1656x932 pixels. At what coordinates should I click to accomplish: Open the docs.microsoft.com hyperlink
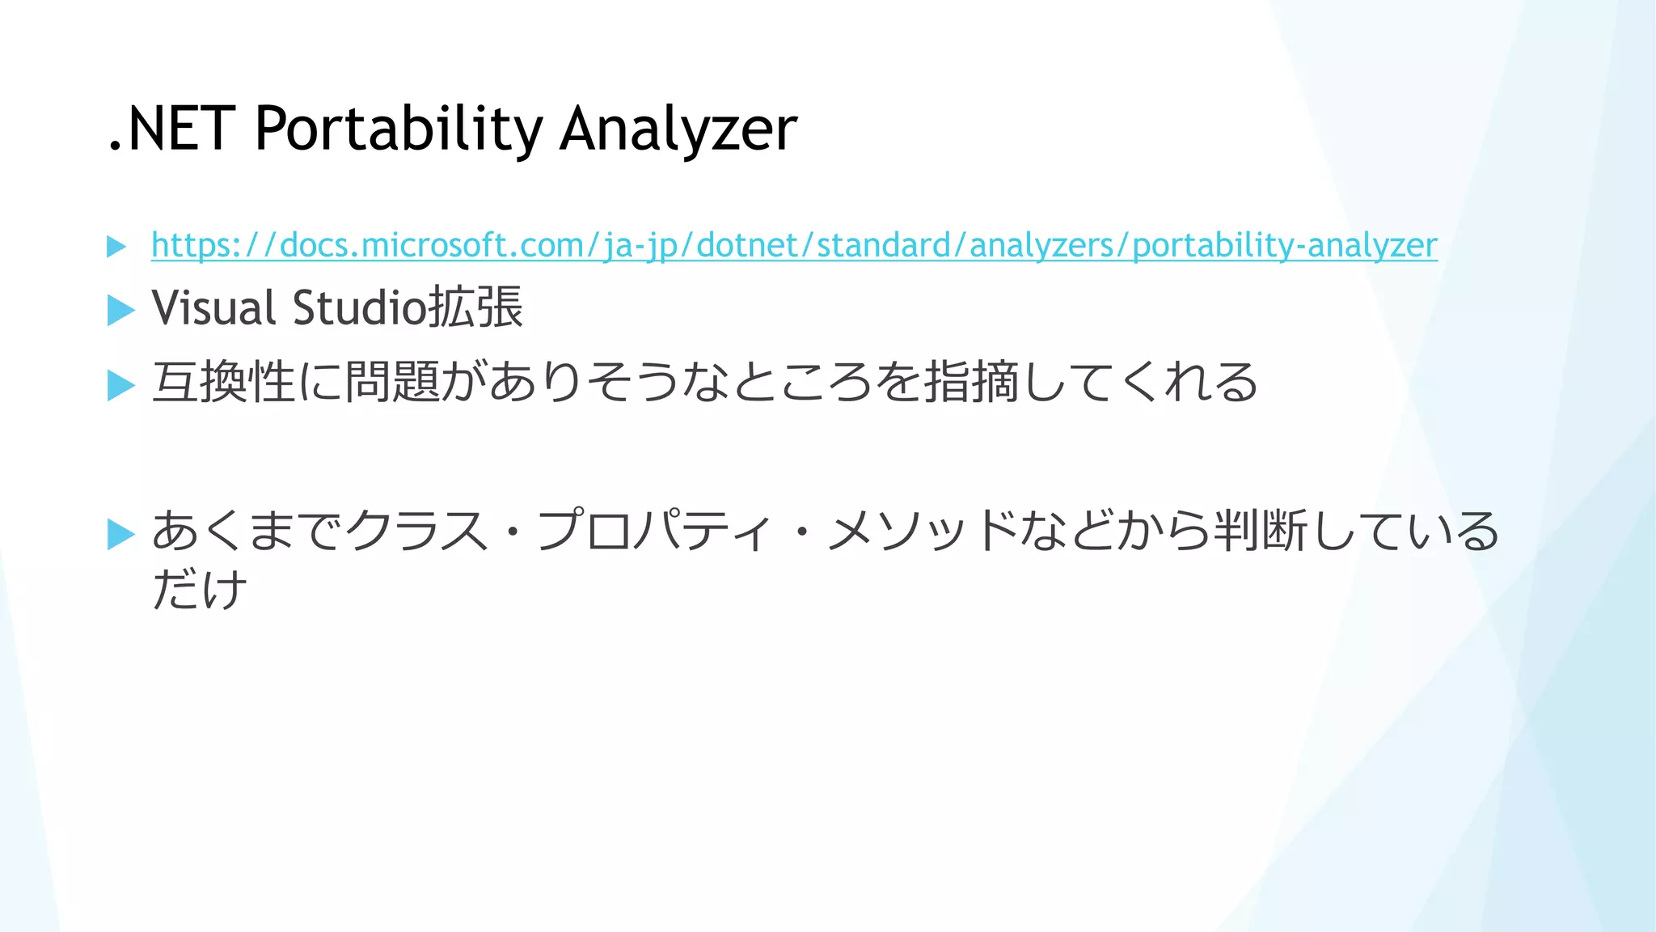[793, 245]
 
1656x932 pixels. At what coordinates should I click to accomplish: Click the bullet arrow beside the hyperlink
[116, 247]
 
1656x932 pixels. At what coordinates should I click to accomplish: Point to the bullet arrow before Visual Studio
[120, 310]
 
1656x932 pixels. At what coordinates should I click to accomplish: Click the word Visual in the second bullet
[214, 308]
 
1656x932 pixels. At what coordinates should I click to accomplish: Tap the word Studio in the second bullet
[359, 308]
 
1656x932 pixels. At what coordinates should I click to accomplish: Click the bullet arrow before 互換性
[120, 384]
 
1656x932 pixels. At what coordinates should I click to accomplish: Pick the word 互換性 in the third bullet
[223, 382]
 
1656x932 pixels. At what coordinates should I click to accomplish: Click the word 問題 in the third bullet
[393, 382]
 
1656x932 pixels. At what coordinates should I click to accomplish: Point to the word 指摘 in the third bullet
[971, 382]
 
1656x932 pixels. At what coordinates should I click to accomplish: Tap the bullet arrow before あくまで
[120, 534]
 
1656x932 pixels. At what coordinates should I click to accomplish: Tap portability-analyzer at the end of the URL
[1285, 245]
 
